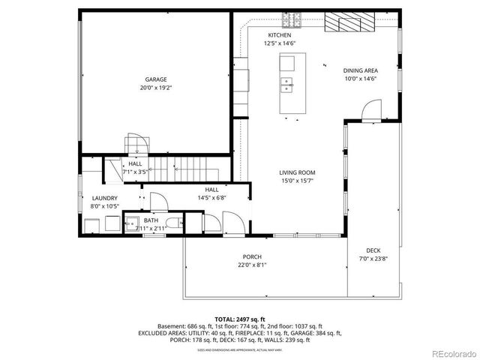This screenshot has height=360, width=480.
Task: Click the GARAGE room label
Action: pos(155,79)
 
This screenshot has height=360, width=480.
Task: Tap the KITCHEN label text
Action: pos(280,35)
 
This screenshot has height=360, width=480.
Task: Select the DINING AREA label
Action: pos(360,70)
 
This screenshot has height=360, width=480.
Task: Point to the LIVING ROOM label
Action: pos(297,172)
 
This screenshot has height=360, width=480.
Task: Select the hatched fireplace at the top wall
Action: pos(349,24)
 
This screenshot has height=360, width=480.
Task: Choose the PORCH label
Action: pos(251,256)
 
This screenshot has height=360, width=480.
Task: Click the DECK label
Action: pos(373,250)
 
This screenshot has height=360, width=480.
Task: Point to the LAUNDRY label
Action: pos(105,198)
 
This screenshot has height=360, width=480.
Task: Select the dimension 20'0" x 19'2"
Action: pos(155,87)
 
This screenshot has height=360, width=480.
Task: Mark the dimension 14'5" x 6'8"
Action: pos(211,197)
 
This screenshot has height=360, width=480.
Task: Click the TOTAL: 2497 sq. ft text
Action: pos(240,319)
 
